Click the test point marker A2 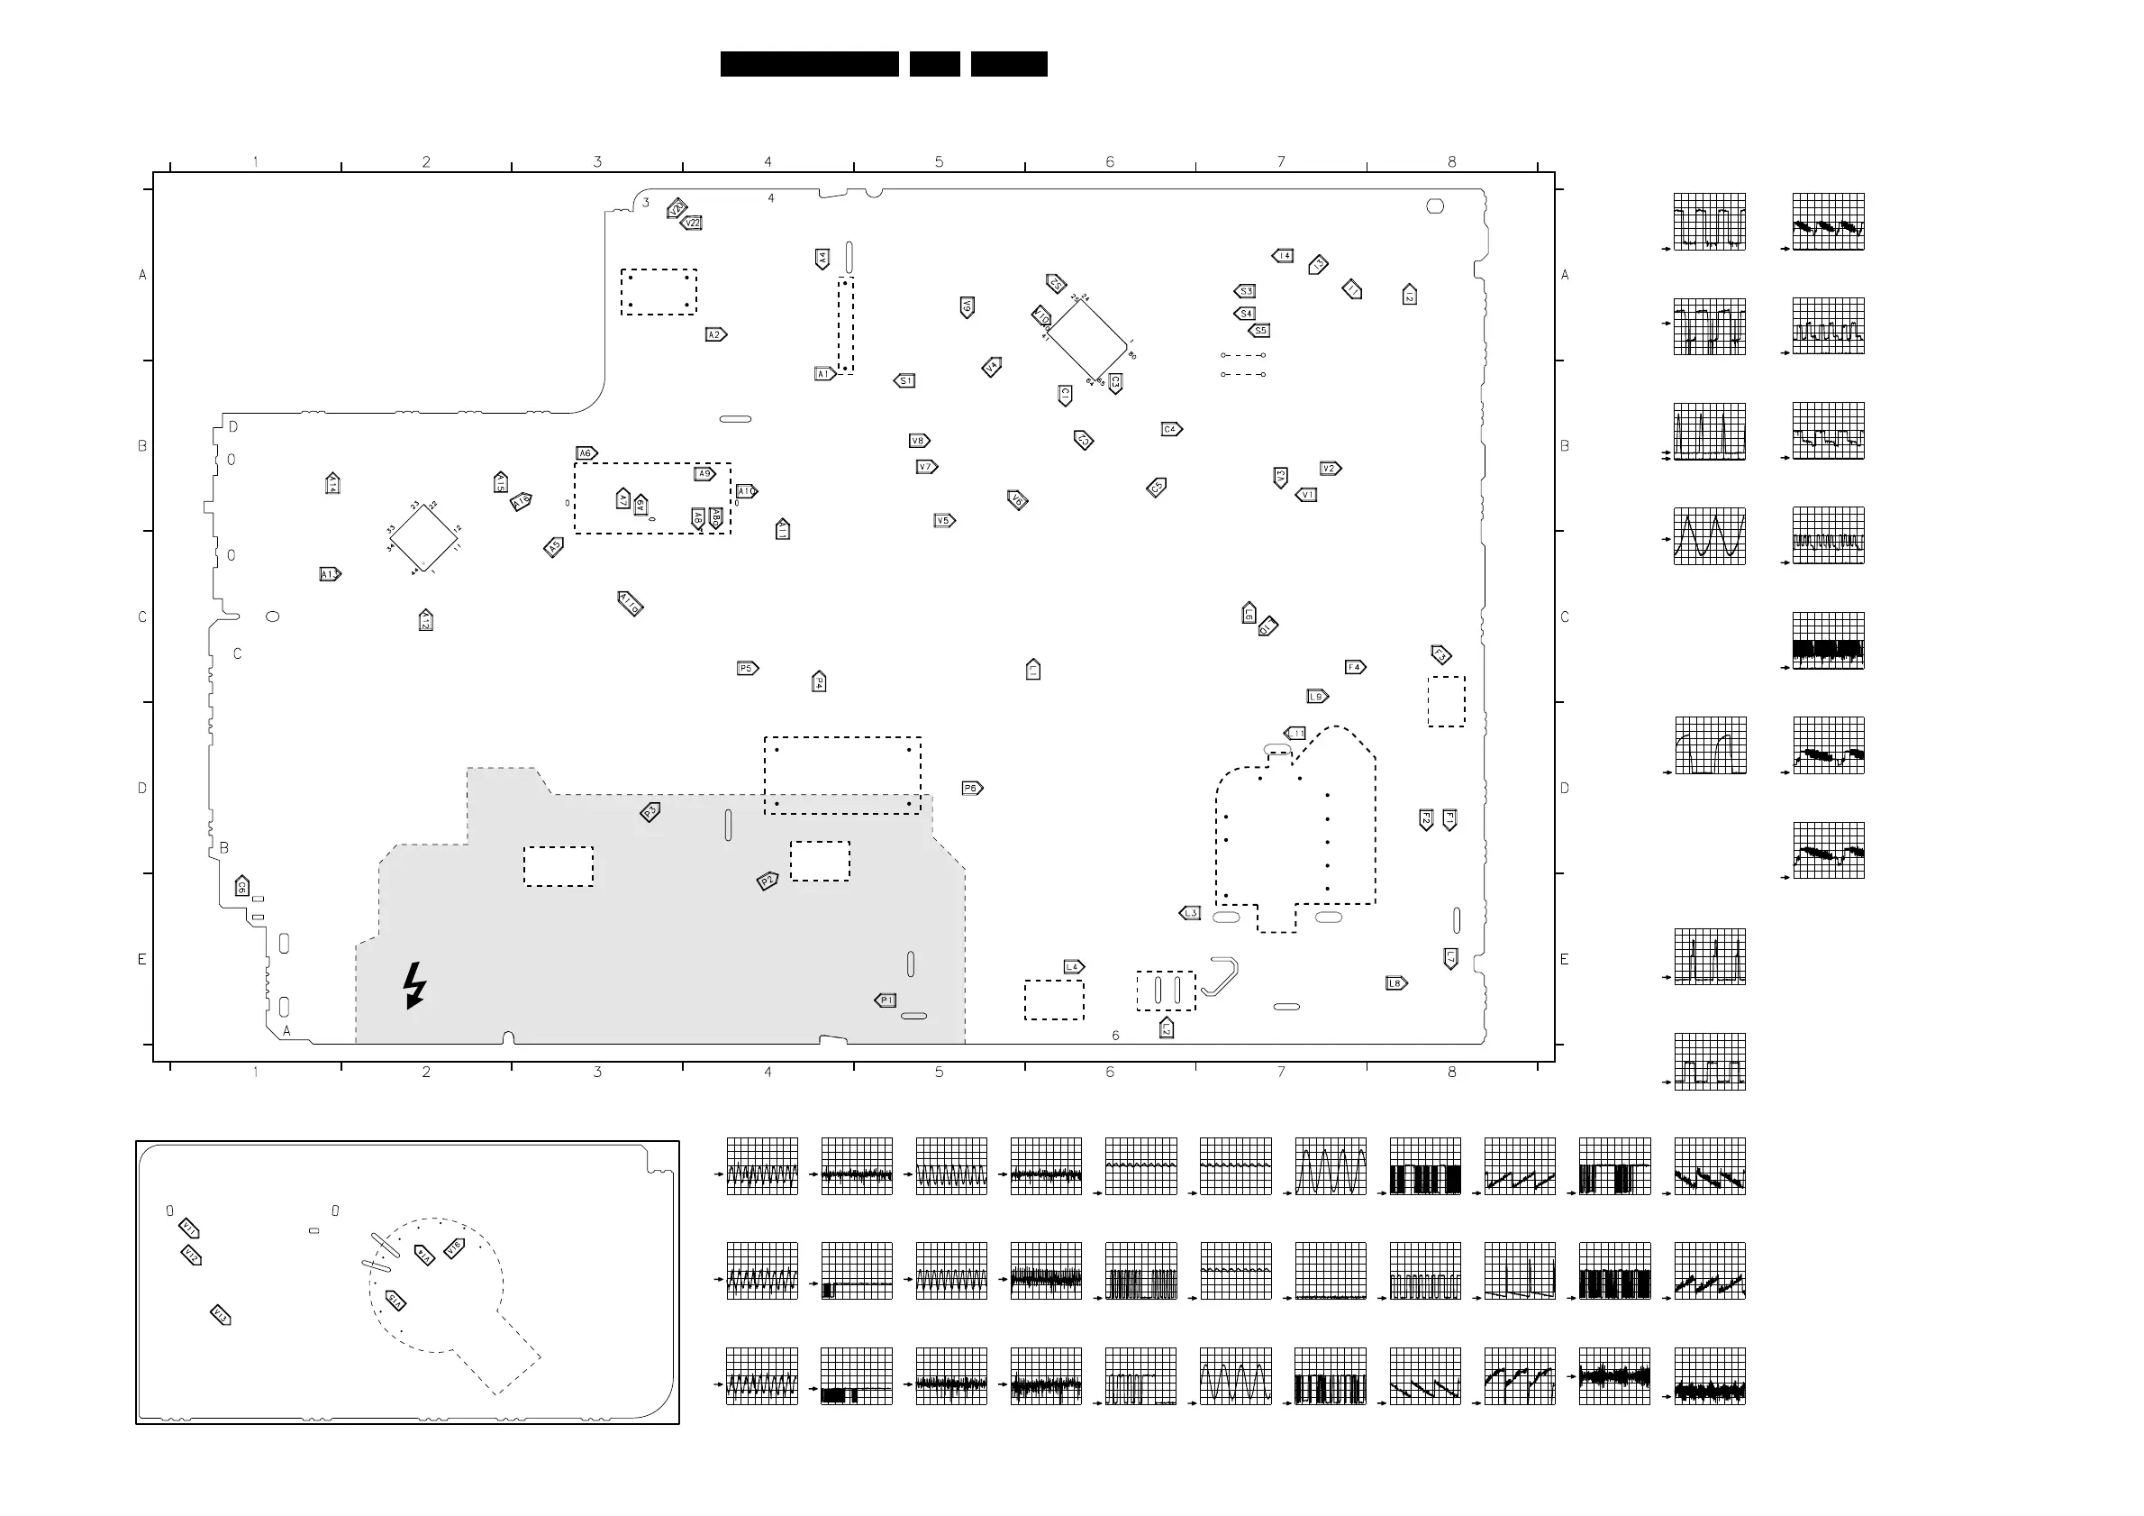pyautogui.click(x=715, y=334)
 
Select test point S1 pyautogui.click(x=904, y=381)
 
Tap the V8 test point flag pyautogui.click(x=919, y=441)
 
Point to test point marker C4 pyautogui.click(x=1171, y=430)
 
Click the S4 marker pyautogui.click(x=1244, y=314)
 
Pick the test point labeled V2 pyautogui.click(x=1330, y=469)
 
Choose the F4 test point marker pyautogui.click(x=1355, y=667)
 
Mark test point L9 pyautogui.click(x=1317, y=697)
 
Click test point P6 pyautogui.click(x=971, y=789)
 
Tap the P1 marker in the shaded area pyautogui.click(x=886, y=1000)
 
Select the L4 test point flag pyautogui.click(x=1073, y=967)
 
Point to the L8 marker pyautogui.click(x=1395, y=983)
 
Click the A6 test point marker pyautogui.click(x=586, y=453)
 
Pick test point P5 pyautogui.click(x=747, y=669)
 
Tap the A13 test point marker pyautogui.click(x=330, y=574)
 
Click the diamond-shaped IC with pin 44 pyautogui.click(x=424, y=538)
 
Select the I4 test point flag pyautogui.click(x=1283, y=256)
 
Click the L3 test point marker pyautogui.click(x=1190, y=914)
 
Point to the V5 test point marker pyautogui.click(x=944, y=521)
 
